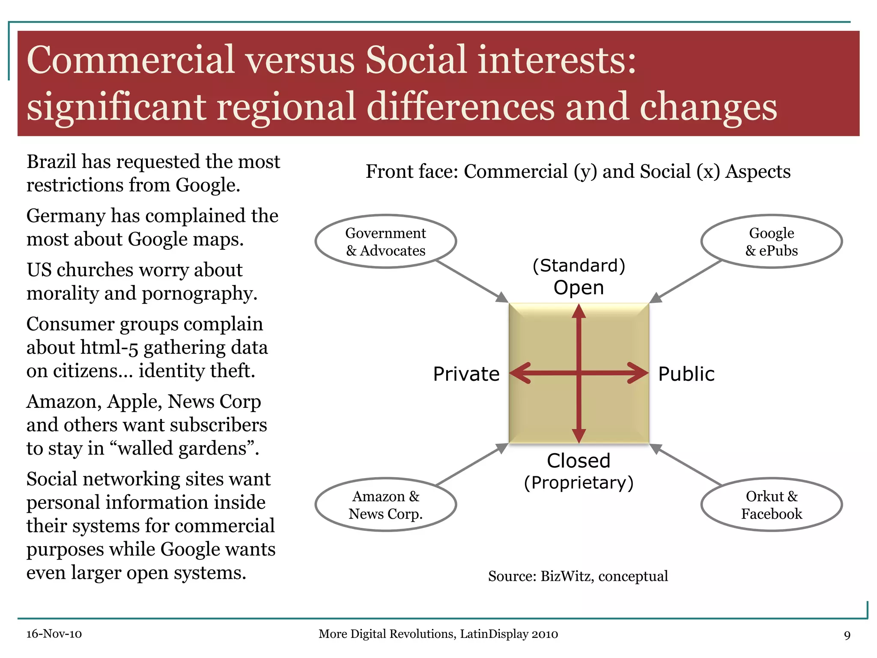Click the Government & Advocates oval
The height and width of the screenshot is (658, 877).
(385, 242)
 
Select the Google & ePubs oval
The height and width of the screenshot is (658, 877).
(771, 242)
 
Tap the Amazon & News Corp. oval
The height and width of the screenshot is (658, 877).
(385, 505)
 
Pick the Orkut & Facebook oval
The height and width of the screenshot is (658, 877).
(771, 505)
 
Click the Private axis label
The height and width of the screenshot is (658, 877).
(466, 374)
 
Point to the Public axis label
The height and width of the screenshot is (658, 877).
(686, 374)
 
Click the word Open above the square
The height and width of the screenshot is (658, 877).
(579, 287)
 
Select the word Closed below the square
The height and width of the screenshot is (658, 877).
(579, 461)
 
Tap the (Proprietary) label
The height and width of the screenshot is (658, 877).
(579, 483)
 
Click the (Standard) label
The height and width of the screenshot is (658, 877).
(579, 266)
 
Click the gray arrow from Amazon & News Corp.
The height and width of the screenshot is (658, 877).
(471, 465)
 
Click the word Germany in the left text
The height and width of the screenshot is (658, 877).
(66, 216)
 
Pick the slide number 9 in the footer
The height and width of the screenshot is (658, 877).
(847, 635)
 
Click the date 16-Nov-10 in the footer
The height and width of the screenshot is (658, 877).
(54, 634)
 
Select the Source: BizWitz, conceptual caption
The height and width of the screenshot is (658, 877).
(578, 576)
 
